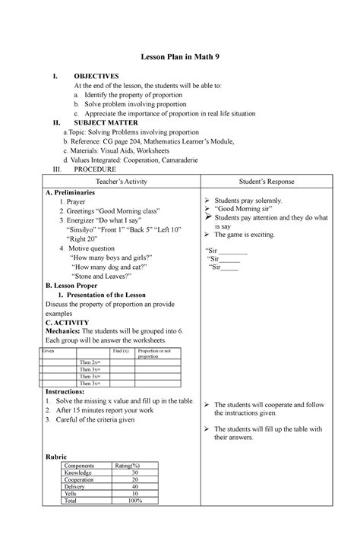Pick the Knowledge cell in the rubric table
coord(81,472)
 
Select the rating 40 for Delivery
coord(135,486)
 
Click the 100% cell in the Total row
coord(134,501)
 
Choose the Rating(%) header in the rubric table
coord(127,465)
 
